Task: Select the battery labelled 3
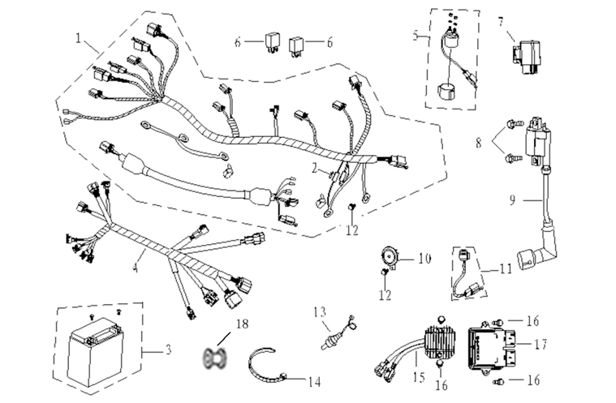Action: tap(93, 349)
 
